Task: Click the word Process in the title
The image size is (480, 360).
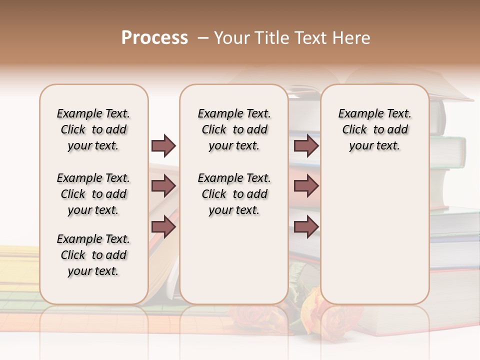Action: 154,38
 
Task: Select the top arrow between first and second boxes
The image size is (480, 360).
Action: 163,145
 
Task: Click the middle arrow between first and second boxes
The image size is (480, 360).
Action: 163,186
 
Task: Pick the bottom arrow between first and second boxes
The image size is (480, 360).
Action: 163,227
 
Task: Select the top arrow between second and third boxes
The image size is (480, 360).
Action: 306,145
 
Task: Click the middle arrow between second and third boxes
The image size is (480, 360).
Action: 306,186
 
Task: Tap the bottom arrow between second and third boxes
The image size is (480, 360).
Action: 306,227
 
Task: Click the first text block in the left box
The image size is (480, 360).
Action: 93,129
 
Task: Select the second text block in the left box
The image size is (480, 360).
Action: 93,194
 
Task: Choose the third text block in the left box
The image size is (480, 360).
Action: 93,255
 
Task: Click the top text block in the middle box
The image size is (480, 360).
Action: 234,129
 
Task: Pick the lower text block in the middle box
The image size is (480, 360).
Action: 234,194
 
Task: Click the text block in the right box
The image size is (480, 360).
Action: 374,129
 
